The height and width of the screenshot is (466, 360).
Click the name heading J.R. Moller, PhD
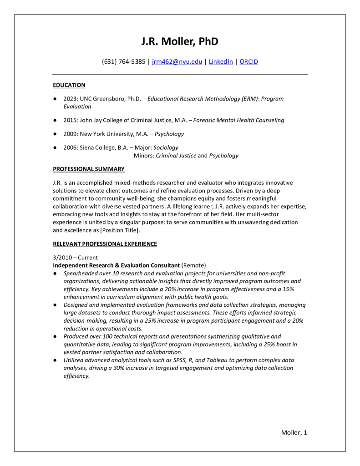coord(180,41)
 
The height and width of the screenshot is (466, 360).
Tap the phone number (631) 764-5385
coord(124,62)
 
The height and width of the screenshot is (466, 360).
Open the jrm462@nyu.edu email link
coord(177,62)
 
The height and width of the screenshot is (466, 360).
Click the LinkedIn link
coord(221,62)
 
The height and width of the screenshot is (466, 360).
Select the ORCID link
coord(248,62)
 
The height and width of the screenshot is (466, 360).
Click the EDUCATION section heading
coord(69,85)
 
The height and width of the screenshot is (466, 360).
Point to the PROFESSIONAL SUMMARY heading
coord(89,169)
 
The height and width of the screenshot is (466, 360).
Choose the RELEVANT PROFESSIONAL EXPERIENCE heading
coord(105,244)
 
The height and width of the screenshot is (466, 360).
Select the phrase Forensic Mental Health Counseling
coord(238,120)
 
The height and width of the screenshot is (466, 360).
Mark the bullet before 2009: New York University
coord(55,134)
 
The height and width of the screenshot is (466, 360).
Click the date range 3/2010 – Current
coord(76,257)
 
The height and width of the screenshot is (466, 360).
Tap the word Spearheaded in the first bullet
coord(81,273)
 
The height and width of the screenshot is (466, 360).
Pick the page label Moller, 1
coord(294,432)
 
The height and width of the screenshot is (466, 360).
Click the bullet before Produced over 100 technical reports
coord(55,336)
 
